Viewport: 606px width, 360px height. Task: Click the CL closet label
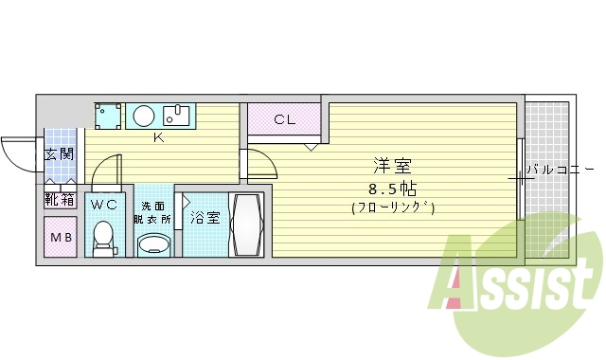pyautogui.click(x=283, y=119)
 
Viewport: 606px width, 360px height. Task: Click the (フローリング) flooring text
pyautogui.click(x=393, y=207)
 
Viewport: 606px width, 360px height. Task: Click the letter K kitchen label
pyautogui.click(x=159, y=135)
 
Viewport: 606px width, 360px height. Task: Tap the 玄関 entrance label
pyautogui.click(x=59, y=153)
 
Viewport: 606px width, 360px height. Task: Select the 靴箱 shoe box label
pyautogui.click(x=59, y=200)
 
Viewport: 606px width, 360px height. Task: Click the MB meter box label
pyautogui.click(x=60, y=237)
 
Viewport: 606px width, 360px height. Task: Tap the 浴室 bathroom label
pyautogui.click(x=205, y=218)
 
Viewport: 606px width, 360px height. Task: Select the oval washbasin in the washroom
pyautogui.click(x=154, y=245)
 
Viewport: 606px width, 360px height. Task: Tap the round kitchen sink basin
pyautogui.click(x=144, y=116)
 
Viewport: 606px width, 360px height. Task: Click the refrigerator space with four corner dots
pyautogui.click(x=108, y=116)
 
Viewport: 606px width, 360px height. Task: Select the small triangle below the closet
pyautogui.click(x=310, y=148)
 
